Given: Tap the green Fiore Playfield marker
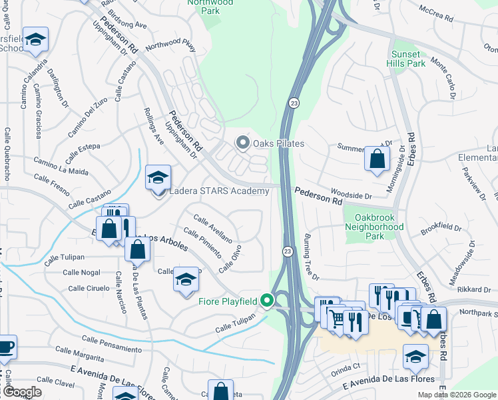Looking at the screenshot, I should (267, 301).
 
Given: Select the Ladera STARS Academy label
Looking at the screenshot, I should (219, 191).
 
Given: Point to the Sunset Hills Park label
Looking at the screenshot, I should (406, 59).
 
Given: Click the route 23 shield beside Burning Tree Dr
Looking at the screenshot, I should (287, 251).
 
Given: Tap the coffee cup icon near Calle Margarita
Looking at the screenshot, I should (5, 347).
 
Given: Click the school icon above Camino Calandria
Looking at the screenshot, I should (35, 39).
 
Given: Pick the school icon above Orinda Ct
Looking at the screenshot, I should (416, 357).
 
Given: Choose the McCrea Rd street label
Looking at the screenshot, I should (440, 14).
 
